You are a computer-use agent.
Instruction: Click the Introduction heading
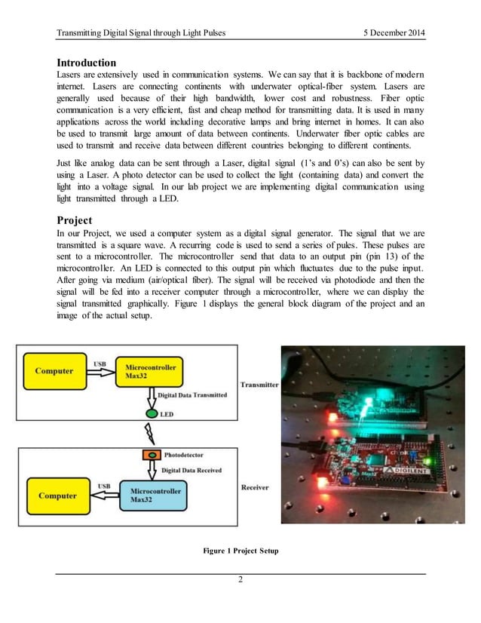pos(87,62)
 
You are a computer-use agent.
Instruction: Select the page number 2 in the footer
pos(240,580)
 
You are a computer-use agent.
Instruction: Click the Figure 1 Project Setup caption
pos(240,551)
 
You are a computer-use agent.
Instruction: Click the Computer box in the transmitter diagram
pos(54,370)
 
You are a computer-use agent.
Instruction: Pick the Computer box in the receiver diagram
pos(57,496)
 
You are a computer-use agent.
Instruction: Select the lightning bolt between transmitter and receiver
pos(149,435)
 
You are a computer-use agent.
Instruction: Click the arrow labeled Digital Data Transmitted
pos(151,396)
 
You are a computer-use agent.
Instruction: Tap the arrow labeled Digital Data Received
pos(151,470)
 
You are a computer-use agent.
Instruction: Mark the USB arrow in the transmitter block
pos(99,370)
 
